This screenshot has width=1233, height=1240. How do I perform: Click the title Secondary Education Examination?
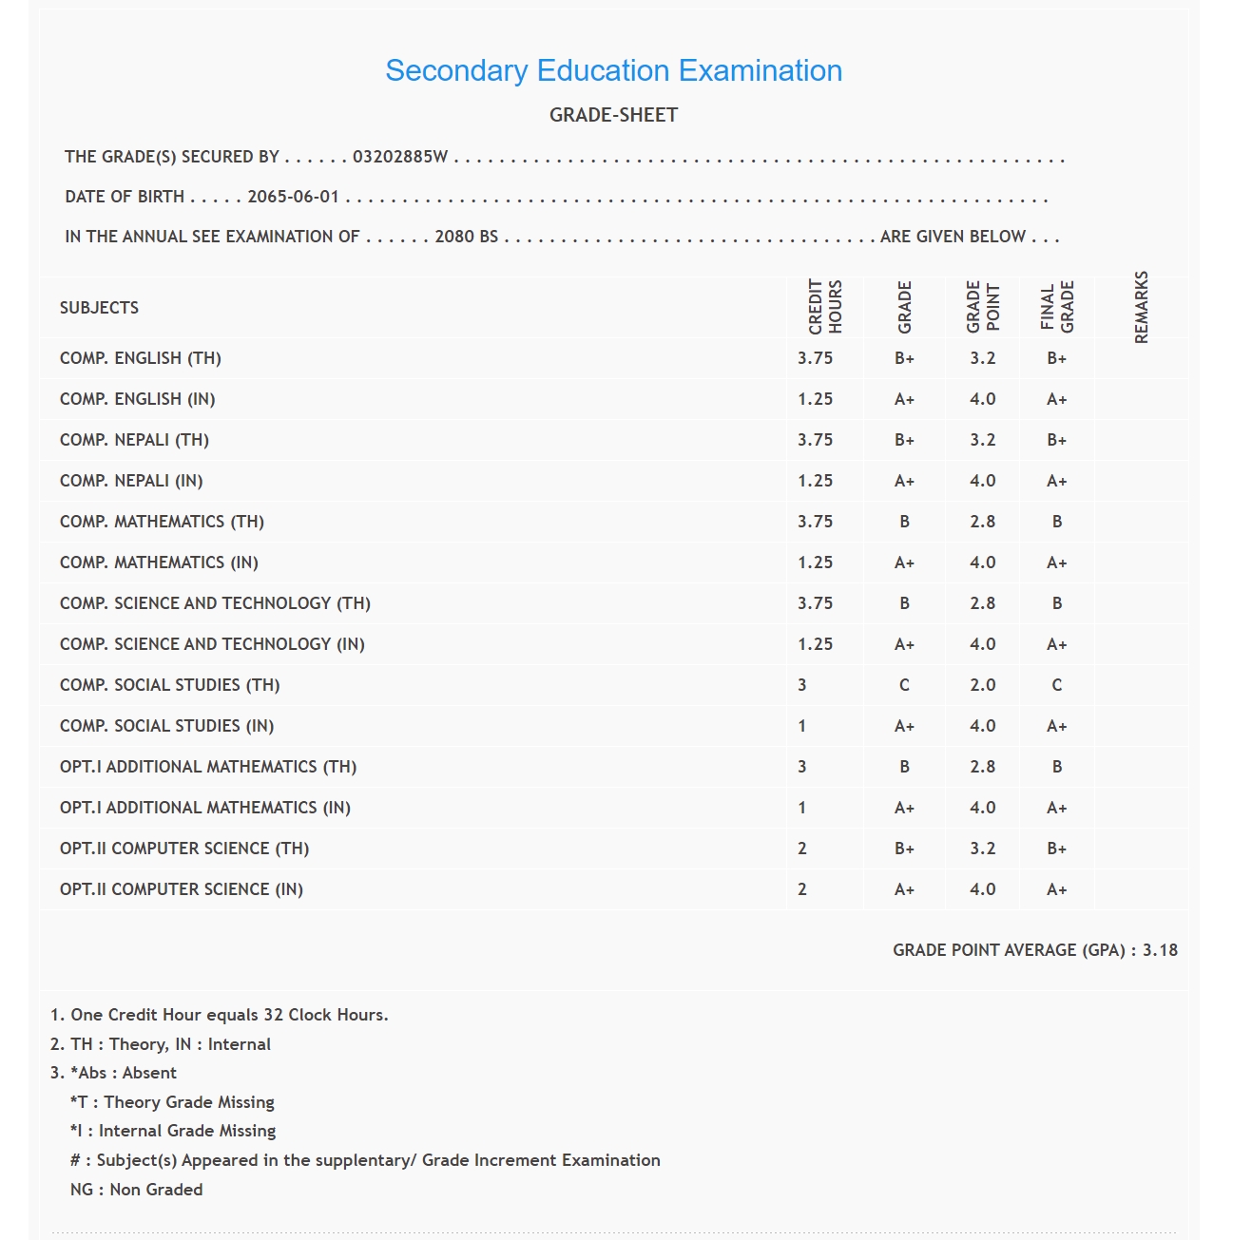point(613,71)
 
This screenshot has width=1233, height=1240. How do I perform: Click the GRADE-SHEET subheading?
point(613,115)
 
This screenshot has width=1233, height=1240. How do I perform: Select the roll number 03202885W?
point(399,157)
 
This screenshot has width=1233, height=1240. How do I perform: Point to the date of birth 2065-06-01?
point(293,197)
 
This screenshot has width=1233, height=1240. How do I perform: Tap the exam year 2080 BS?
point(466,237)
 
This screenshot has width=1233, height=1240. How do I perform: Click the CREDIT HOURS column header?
point(824,307)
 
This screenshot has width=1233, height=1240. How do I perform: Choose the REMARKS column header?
point(1141,307)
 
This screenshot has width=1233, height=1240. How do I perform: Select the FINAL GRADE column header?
point(1056,307)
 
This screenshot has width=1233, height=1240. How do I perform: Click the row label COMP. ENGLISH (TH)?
point(141,358)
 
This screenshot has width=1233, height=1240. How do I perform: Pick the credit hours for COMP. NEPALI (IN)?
point(815,481)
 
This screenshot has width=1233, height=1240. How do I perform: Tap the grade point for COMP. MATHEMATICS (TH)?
point(982,522)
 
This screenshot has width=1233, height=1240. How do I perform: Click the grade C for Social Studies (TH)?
point(904,685)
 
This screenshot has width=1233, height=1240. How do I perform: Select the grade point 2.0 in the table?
point(982,685)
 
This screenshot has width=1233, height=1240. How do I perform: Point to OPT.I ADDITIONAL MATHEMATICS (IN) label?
point(205,808)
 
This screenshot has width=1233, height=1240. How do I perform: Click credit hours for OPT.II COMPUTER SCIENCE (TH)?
point(802,849)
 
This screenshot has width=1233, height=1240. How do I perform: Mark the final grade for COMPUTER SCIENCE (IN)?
point(1056,889)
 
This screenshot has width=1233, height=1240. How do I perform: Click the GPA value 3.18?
point(1160,950)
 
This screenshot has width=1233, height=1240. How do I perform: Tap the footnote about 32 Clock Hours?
point(220,1015)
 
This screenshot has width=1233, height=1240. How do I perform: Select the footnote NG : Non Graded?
point(136,1190)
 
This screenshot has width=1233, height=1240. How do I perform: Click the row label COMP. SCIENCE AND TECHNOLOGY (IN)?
point(212,644)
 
